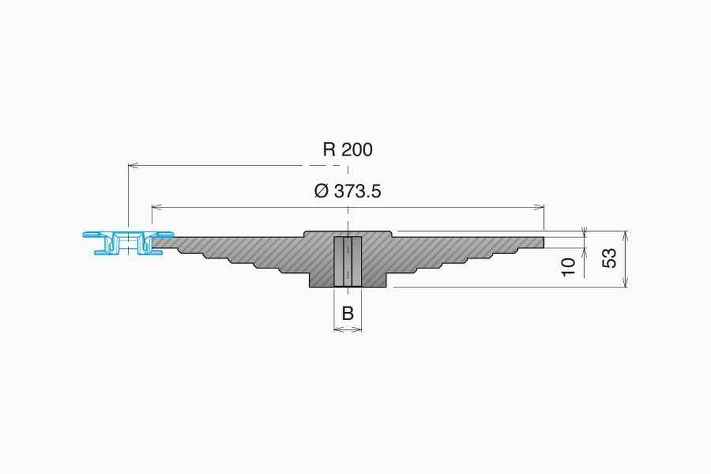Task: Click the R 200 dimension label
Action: click(x=348, y=149)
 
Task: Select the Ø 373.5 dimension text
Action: click(x=348, y=191)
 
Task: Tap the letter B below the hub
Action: click(x=348, y=313)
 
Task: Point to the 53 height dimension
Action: click(x=610, y=258)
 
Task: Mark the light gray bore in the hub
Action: click(x=348, y=261)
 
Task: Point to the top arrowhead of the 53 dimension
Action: click(x=626, y=233)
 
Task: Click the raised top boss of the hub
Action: click(x=348, y=233)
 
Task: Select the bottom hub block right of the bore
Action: click(x=374, y=279)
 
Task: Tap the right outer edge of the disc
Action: click(x=543, y=242)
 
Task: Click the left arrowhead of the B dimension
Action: click(x=337, y=329)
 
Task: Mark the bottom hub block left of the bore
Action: click(x=322, y=279)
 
